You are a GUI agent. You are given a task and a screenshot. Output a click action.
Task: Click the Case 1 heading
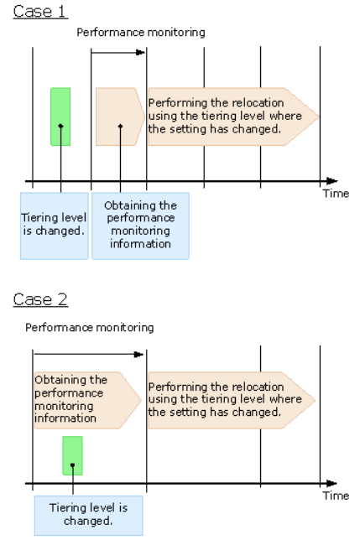[40, 11]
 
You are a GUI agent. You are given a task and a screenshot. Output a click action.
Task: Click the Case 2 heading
[40, 299]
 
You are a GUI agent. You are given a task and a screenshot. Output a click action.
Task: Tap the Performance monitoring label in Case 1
[140, 33]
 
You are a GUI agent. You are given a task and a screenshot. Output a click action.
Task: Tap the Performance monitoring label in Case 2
[90, 328]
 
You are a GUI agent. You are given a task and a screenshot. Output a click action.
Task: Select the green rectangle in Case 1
[60, 117]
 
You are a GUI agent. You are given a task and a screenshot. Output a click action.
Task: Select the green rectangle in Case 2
[72, 455]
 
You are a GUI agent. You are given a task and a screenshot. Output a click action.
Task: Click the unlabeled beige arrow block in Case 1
[120, 117]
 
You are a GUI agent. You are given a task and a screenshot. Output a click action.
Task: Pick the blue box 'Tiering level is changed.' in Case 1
[55, 226]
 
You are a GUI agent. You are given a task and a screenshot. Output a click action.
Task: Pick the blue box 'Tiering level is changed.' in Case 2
[89, 516]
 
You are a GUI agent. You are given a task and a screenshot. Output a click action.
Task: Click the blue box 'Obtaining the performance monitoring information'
[140, 226]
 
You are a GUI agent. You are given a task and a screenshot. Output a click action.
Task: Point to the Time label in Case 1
[336, 194]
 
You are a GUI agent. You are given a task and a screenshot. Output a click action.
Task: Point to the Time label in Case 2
[336, 496]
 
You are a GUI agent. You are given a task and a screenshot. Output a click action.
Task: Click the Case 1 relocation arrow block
[233, 117]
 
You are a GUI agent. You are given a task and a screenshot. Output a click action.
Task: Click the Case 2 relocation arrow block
[232, 400]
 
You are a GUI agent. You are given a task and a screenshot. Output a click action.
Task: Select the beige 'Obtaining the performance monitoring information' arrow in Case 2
[88, 400]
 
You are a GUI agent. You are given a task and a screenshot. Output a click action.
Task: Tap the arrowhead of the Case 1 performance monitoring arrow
[140, 52]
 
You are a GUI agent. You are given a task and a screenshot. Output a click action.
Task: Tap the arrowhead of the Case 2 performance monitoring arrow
[138, 354]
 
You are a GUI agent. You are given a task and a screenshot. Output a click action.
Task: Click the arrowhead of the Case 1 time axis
[332, 181]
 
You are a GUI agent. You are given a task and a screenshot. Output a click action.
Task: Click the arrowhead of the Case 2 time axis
[331, 483]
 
